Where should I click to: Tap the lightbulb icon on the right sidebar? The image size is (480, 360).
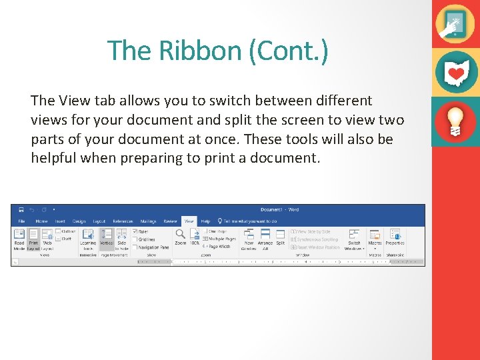[455, 121]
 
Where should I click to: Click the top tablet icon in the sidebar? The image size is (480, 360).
[455, 23]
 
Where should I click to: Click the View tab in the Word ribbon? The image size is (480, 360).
[189, 221]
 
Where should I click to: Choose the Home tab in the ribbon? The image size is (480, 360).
[41, 221]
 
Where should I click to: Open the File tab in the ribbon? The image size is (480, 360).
[21, 221]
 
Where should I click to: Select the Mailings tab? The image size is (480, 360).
[148, 221]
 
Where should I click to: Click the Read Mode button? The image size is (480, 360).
[19, 237]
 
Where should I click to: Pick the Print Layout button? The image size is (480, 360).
[33, 237]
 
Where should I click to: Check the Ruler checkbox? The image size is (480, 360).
[136, 231]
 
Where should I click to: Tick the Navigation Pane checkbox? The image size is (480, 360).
[136, 247]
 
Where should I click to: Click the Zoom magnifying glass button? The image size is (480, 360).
[180, 237]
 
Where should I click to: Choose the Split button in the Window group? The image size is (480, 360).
[281, 237]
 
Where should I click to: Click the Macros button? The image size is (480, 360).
[375, 237]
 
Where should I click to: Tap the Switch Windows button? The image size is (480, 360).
[354, 237]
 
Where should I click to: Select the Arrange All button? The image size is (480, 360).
[265, 237]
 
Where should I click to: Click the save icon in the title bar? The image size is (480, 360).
[21, 209]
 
